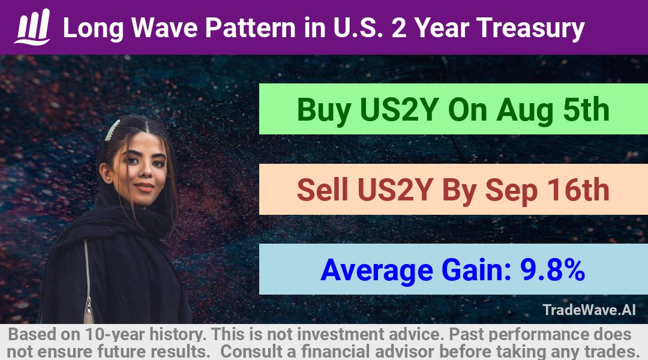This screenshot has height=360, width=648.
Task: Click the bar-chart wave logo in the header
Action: (x=32, y=27)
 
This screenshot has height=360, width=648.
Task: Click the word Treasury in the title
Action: (x=530, y=28)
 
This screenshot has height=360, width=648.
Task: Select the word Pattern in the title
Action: (x=250, y=28)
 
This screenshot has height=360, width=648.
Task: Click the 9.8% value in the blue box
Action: (x=552, y=270)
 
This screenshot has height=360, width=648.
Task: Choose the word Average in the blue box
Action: (x=377, y=271)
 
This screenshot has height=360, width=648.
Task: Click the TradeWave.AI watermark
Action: (x=589, y=310)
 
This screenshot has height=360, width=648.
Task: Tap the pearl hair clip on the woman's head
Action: (x=112, y=130)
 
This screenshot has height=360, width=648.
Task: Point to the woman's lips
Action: (x=145, y=187)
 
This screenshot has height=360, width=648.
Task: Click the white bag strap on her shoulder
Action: (x=88, y=281)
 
